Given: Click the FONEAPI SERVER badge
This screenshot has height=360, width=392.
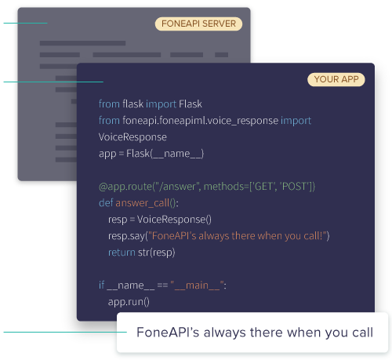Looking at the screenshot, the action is pyautogui.click(x=198, y=24).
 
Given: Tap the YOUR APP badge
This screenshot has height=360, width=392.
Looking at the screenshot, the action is pyautogui.click(x=336, y=79).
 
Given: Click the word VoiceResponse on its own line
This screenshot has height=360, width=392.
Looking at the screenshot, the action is pyautogui.click(x=132, y=137).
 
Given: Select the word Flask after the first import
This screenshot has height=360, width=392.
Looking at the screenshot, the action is pyautogui.click(x=191, y=104).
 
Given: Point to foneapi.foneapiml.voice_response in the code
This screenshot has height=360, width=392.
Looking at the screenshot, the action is pyautogui.click(x=200, y=121).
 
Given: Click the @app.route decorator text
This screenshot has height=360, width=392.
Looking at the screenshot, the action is pyautogui.click(x=207, y=187).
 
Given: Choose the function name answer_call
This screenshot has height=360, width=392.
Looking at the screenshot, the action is pyautogui.click(x=142, y=203).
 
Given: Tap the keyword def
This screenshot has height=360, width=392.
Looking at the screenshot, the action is pyautogui.click(x=106, y=203).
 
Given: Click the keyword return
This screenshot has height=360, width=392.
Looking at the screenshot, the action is pyautogui.click(x=122, y=253).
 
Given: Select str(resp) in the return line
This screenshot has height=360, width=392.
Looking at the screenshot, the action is pyautogui.click(x=156, y=253).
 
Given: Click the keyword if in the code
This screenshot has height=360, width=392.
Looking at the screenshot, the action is pyautogui.click(x=101, y=285).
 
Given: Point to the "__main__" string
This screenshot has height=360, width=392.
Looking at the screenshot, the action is pyautogui.click(x=197, y=285).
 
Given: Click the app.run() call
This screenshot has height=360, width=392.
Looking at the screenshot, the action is pyautogui.click(x=129, y=302).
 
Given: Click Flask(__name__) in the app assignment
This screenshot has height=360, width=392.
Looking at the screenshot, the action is pyautogui.click(x=165, y=154).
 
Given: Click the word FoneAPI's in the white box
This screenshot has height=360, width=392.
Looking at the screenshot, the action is pyautogui.click(x=168, y=333).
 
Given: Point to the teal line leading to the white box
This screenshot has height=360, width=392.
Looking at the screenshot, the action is pyautogui.click(x=65, y=332).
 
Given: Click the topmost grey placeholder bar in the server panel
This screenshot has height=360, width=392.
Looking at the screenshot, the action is pyautogui.click(x=82, y=43).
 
